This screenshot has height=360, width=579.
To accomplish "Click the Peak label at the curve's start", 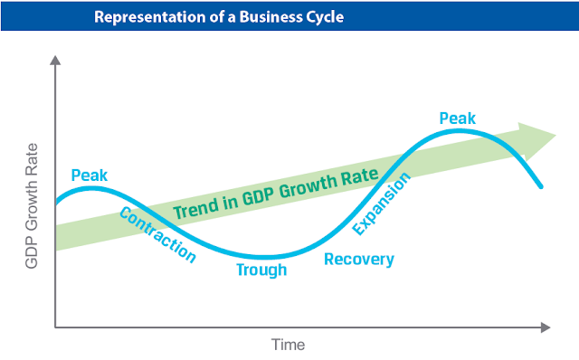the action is (x=89, y=175).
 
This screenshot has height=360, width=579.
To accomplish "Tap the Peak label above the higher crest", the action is (x=458, y=118).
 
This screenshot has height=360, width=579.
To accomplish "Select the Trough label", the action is (x=261, y=270).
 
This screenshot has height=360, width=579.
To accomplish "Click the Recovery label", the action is (x=359, y=260).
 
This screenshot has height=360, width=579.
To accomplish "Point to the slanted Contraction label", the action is (x=157, y=235).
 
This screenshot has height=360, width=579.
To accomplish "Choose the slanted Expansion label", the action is (x=381, y=204).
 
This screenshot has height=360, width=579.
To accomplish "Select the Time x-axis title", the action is (x=288, y=345).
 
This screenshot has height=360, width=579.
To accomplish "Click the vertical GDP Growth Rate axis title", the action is (x=32, y=205).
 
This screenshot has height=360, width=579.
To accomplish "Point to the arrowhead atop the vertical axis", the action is (x=55, y=61).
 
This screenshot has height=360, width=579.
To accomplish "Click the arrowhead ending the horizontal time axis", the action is (x=546, y=327).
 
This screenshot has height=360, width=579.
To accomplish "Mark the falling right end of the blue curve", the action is (x=541, y=187).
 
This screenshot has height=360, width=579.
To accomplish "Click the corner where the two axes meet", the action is (x=55, y=327).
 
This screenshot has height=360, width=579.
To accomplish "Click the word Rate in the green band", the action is (x=360, y=176).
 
